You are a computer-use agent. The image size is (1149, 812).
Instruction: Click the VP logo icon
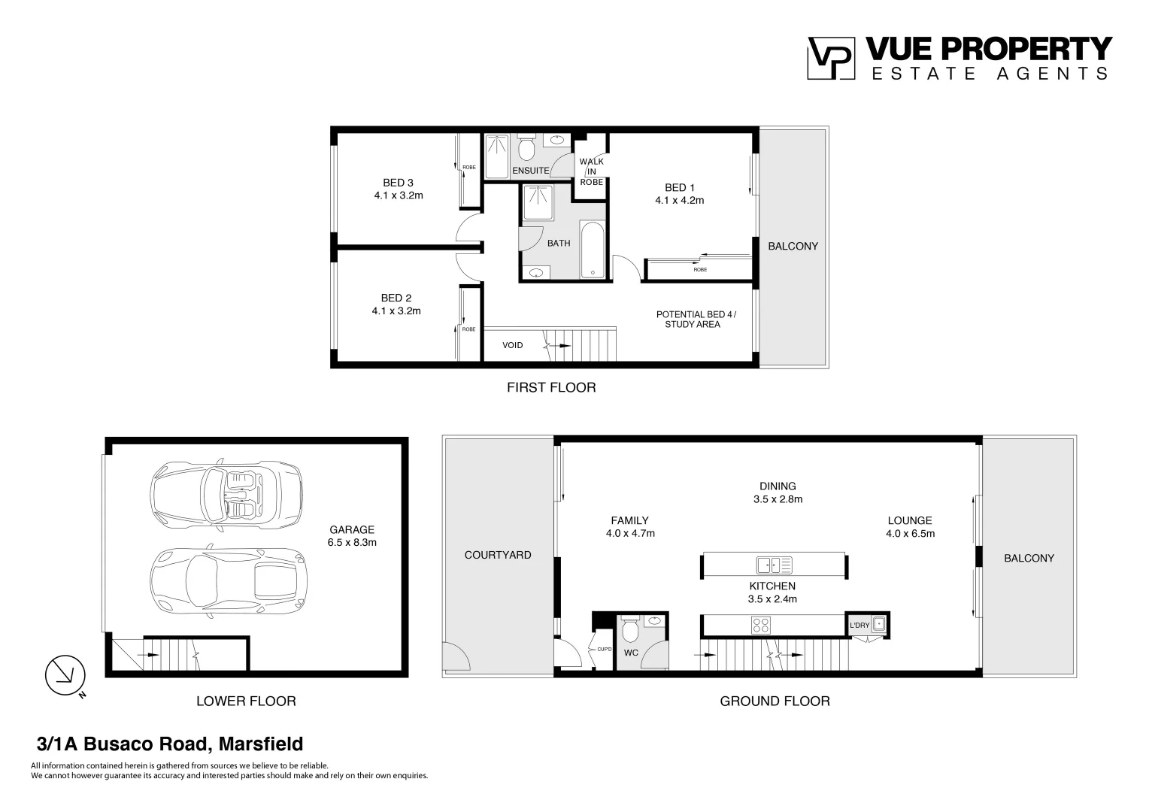(x=831, y=58)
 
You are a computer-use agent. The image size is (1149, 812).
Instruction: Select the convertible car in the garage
(x=226, y=496)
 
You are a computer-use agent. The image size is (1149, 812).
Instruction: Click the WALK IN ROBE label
(x=591, y=172)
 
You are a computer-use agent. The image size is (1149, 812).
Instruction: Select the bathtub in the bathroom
(x=593, y=250)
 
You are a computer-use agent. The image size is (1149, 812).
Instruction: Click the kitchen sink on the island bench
(x=774, y=565)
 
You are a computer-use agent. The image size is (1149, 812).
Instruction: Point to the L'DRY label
(x=859, y=626)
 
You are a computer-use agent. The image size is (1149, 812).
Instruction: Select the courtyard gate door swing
(x=456, y=658)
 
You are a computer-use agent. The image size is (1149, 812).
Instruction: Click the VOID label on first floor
(x=513, y=345)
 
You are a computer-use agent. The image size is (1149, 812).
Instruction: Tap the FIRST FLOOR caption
(x=551, y=388)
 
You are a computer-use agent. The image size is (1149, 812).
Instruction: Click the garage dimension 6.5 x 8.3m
(x=352, y=542)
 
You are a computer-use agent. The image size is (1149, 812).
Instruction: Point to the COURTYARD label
(x=498, y=555)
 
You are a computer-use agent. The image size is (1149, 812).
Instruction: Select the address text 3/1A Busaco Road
(x=170, y=744)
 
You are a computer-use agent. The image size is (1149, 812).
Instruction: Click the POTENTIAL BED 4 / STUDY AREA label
(x=696, y=320)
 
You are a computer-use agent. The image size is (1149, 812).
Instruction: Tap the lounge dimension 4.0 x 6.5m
(x=910, y=534)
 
